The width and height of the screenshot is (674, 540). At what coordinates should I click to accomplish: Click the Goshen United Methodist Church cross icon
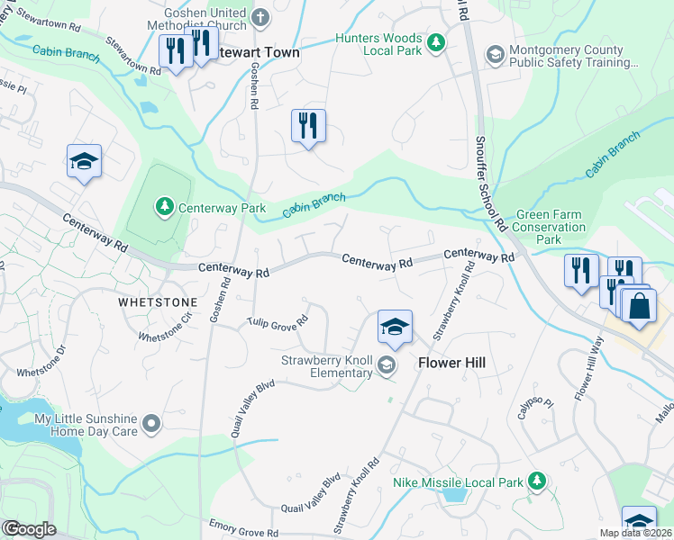click(x=260, y=17)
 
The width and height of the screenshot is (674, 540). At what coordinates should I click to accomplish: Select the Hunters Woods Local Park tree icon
click(x=436, y=42)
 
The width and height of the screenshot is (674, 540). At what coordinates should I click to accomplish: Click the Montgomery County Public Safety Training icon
click(x=495, y=55)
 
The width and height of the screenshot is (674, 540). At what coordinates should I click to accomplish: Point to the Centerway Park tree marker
click(x=164, y=208)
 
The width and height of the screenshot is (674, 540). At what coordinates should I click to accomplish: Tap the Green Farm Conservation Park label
click(x=549, y=228)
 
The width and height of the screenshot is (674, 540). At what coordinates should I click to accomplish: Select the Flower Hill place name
click(x=452, y=364)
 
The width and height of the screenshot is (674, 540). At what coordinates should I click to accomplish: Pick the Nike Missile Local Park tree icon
click(x=537, y=481)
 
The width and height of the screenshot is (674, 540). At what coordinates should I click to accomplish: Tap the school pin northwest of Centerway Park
click(x=85, y=161)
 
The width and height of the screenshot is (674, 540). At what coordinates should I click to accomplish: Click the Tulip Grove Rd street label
click(x=278, y=321)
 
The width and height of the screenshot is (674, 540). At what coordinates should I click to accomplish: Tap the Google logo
click(x=29, y=529)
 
